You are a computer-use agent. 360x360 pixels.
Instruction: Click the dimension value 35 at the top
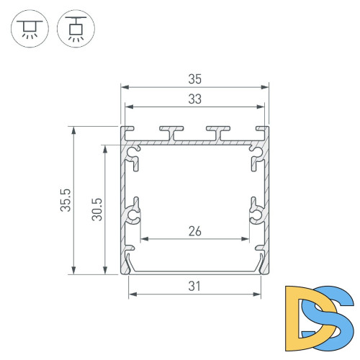[194, 76]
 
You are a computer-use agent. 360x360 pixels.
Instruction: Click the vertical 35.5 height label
[64, 200]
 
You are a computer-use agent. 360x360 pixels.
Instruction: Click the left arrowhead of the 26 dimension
[143, 239]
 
